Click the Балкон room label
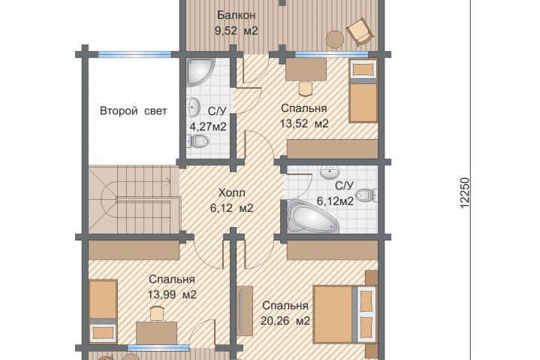tap(237, 15)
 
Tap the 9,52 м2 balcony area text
tap(237, 31)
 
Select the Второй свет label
tap(133, 111)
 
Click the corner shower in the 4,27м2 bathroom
tap(200, 71)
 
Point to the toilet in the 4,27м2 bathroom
tap(198, 141)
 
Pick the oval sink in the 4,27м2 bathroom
tap(193, 106)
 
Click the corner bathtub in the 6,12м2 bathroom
tap(312, 216)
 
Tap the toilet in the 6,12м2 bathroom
tap(366, 195)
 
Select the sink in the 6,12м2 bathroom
tap(330, 172)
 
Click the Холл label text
tap(232, 192)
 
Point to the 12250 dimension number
tap(465, 193)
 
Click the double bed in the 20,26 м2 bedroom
tap(345, 314)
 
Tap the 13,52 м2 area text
tap(304, 123)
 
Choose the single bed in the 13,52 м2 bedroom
tap(363, 91)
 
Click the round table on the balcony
tap(335, 40)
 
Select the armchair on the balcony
tap(361, 32)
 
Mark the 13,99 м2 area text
tap(172, 295)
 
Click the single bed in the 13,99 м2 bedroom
tap(103, 312)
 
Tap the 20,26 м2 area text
tap(285, 321)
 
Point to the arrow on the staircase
tap(167, 182)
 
